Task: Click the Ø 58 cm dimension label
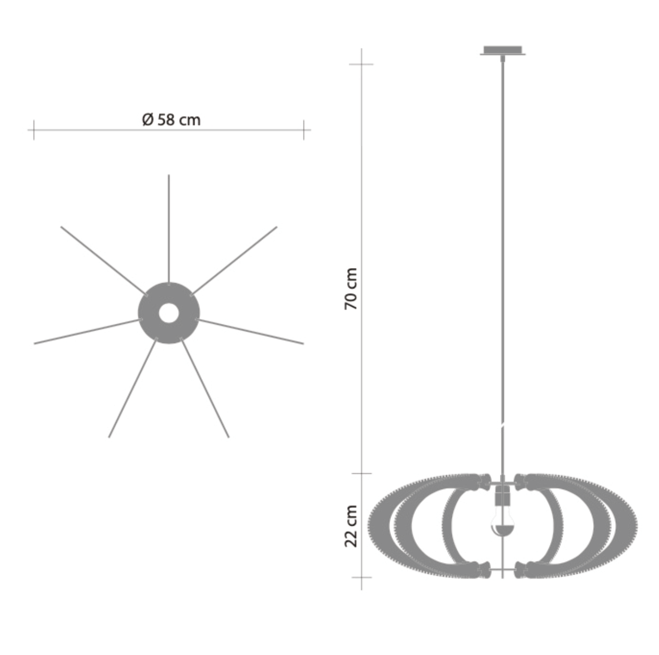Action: pyautogui.click(x=171, y=120)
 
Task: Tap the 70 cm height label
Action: pyautogui.click(x=352, y=289)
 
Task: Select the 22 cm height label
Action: pyautogui.click(x=352, y=525)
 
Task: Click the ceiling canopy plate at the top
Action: pyautogui.click(x=503, y=50)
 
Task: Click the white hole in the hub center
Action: pyautogui.click(x=168, y=313)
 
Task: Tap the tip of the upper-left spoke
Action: pyautogui.click(x=62, y=227)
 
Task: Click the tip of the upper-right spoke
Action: pyautogui.click(x=276, y=227)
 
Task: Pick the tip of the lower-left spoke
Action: pyautogui.click(x=109, y=436)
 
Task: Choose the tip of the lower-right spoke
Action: pyautogui.click(x=228, y=436)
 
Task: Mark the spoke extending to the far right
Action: pyautogui.click(x=251, y=332)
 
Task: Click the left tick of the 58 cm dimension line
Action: pyautogui.click(x=34, y=129)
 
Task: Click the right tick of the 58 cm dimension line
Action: pyautogui.click(x=304, y=129)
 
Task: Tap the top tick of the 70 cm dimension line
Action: pyautogui.click(x=361, y=64)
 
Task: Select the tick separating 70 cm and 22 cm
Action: pyautogui.click(x=361, y=474)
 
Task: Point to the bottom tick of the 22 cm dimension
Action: pyautogui.click(x=361, y=577)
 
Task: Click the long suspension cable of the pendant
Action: pyautogui.click(x=503, y=261)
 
